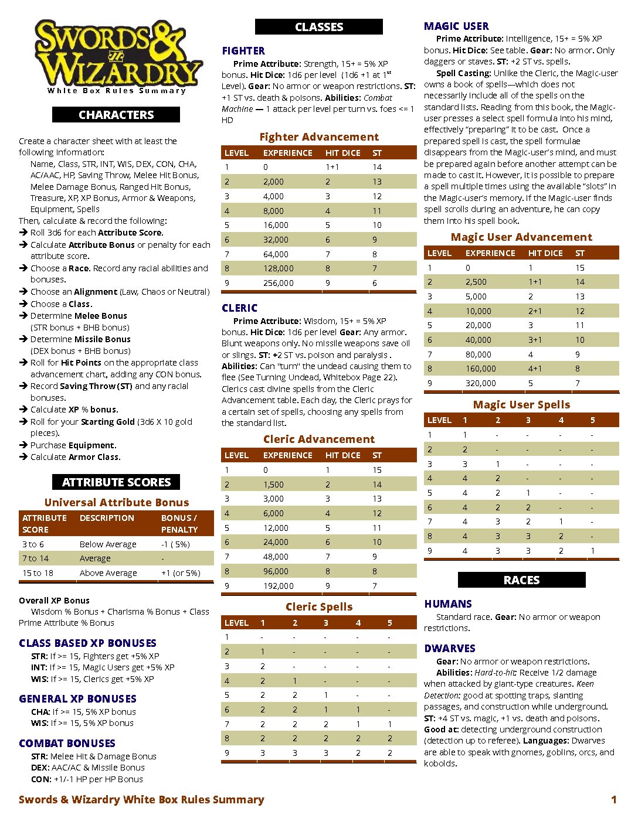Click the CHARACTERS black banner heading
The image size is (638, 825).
[116, 115]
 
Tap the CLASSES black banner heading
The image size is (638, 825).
[319, 27]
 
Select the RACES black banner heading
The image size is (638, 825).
[521, 580]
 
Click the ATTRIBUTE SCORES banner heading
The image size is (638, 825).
[116, 482]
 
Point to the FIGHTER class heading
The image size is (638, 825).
[243, 51]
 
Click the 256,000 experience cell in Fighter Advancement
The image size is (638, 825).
[278, 283]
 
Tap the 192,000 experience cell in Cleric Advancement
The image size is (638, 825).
[278, 586]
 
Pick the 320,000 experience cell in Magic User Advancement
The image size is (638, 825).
[480, 383]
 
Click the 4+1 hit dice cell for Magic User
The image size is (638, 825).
[535, 369]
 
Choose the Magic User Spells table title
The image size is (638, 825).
[521, 405]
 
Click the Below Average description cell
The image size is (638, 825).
[108, 544]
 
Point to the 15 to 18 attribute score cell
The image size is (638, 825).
[38, 573]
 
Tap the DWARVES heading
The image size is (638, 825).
[450, 649]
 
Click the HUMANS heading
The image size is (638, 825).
[448, 604]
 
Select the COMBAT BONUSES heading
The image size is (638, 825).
[67, 744]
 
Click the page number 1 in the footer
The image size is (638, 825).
[613, 800]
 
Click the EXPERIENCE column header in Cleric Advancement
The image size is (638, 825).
[287, 455]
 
